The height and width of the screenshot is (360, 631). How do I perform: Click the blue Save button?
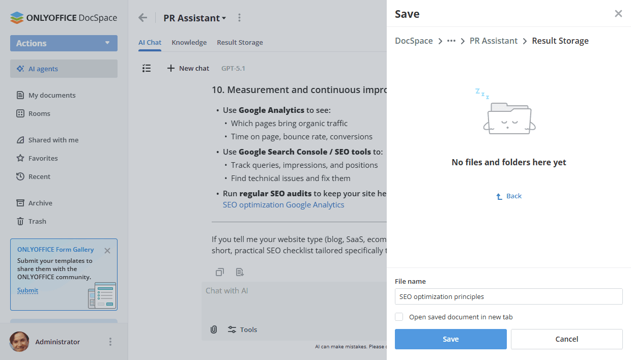click(450, 339)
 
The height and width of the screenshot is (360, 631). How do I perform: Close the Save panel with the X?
click(618, 14)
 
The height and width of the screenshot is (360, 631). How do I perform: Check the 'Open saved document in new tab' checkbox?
click(399, 317)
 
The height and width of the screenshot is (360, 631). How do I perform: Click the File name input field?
click(508, 296)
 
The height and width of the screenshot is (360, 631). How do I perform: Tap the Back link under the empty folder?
click(509, 196)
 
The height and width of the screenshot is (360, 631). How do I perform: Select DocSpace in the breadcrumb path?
click(414, 41)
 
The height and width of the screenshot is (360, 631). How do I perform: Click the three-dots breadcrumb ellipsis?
click(451, 41)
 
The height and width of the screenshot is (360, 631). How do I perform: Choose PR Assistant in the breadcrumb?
click(493, 41)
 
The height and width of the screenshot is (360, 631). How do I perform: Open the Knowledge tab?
click(189, 42)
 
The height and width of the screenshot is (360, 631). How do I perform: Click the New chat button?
click(188, 68)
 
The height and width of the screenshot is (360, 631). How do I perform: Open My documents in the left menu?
click(51, 95)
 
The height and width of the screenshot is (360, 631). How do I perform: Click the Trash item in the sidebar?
click(37, 221)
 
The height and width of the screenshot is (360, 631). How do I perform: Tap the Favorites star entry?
click(43, 158)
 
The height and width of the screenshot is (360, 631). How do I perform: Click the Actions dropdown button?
click(64, 43)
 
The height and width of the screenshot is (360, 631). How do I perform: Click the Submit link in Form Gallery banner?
click(27, 290)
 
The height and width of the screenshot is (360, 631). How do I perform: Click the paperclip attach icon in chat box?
click(214, 329)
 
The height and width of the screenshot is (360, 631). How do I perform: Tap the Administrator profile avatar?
click(19, 342)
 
